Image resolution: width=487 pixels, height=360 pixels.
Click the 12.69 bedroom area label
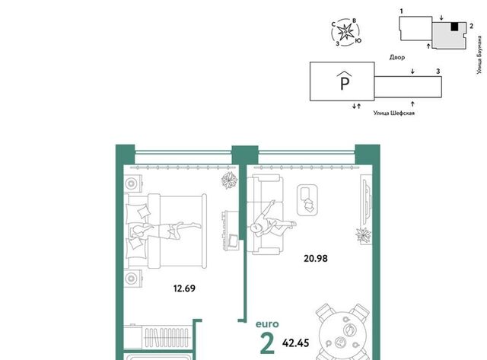184,288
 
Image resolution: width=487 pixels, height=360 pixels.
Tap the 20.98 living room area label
316,259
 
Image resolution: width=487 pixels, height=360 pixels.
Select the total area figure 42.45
296,343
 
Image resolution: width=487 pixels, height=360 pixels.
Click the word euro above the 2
267,324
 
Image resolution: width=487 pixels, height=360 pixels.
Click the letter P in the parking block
345,83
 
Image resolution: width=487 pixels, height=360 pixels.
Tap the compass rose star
345,32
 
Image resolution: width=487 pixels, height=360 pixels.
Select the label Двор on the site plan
397,58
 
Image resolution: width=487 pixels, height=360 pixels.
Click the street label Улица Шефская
394,113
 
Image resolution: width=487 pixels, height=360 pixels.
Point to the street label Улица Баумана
479,55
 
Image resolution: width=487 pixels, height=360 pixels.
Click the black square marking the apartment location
454,27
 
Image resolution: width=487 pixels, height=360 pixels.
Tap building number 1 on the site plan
402,11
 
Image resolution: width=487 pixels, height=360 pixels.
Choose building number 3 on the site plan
438,72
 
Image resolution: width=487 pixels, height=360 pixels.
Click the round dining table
343,336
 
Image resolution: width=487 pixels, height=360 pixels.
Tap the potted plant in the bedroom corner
230,180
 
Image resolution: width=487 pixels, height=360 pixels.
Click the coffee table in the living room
307,200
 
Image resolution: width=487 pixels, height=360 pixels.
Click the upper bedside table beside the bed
132,183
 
